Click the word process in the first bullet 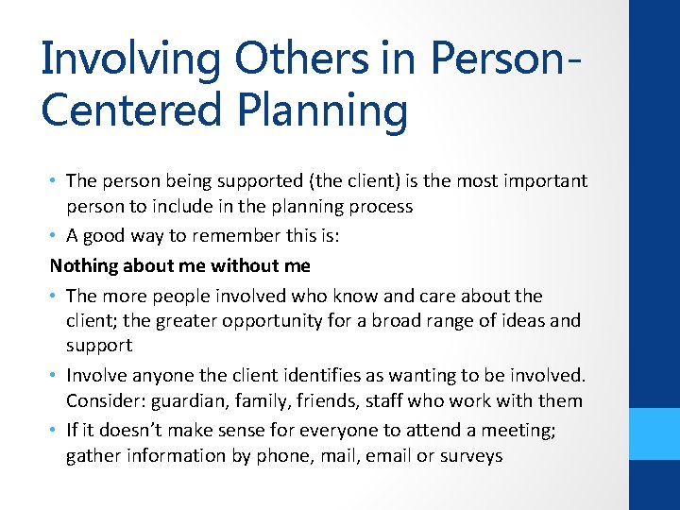(x=380, y=207)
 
